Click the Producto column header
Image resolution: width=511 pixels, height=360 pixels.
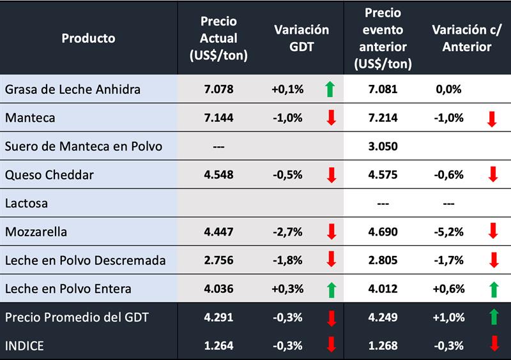click(x=88, y=38)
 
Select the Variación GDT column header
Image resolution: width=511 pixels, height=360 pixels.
click(x=301, y=38)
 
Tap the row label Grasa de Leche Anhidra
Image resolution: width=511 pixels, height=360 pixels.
click(x=72, y=89)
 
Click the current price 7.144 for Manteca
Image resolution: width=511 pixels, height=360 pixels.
click(x=218, y=118)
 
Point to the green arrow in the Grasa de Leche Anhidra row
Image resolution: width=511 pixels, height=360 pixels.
click(x=330, y=89)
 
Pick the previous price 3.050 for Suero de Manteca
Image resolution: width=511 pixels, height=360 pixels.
click(x=384, y=146)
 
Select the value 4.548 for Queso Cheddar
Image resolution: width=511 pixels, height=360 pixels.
click(x=218, y=175)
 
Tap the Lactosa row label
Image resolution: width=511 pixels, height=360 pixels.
click(x=26, y=204)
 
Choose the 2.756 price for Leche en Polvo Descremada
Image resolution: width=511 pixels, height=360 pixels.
click(x=218, y=260)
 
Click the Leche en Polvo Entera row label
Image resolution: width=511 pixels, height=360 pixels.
click(x=68, y=289)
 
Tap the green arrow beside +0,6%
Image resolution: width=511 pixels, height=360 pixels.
click(x=492, y=290)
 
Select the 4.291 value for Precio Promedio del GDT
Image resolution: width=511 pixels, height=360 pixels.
click(x=218, y=317)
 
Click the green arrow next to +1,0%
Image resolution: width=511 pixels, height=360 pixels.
click(x=492, y=318)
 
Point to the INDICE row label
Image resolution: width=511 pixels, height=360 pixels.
click(x=25, y=346)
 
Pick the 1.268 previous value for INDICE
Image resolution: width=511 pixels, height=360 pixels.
click(x=384, y=346)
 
